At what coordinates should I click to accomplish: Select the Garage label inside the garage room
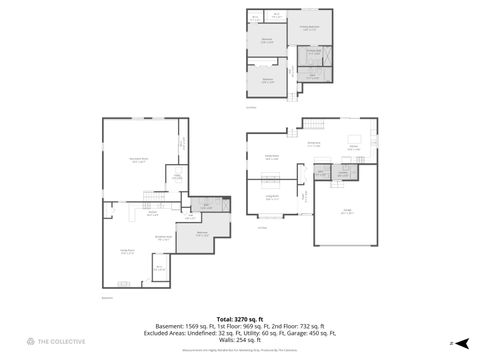[346, 212]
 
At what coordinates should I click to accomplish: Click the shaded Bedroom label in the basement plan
[202, 235]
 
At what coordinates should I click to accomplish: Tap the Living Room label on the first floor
[271, 197]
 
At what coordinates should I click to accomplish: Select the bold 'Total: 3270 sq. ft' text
[240, 318]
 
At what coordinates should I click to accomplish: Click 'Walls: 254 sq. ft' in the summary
[240, 338]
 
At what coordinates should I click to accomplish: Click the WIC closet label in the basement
[158, 267]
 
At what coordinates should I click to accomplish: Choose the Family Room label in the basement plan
[128, 252]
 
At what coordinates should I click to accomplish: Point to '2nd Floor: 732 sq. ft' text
[298, 326]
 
